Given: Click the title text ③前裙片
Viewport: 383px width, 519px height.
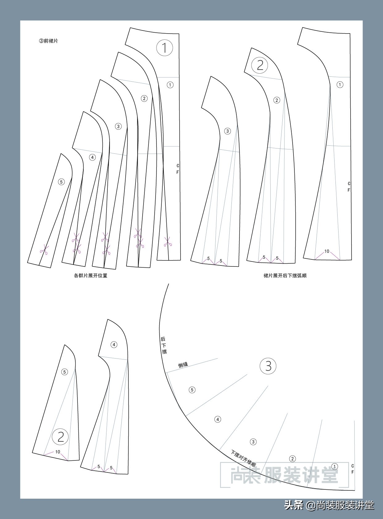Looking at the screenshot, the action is click(x=48, y=41).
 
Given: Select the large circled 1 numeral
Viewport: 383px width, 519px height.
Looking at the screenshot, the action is click(x=164, y=48).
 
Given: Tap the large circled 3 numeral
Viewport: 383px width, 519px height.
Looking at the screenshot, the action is click(x=268, y=366).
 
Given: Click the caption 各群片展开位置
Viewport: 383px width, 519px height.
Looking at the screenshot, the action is click(x=90, y=276).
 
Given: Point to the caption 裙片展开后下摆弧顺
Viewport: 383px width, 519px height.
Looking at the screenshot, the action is click(x=285, y=276).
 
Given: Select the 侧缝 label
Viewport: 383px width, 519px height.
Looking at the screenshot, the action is click(x=183, y=364).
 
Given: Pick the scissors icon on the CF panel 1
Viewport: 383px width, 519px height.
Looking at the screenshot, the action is click(x=168, y=242).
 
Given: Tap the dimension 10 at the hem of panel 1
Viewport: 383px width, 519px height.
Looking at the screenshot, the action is click(x=327, y=251).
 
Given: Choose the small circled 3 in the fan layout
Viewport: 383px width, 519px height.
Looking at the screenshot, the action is click(x=253, y=442).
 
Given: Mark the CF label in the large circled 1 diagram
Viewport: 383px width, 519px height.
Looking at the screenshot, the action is click(x=177, y=169).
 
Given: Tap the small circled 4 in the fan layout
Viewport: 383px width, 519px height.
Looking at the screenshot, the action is click(x=218, y=420).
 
